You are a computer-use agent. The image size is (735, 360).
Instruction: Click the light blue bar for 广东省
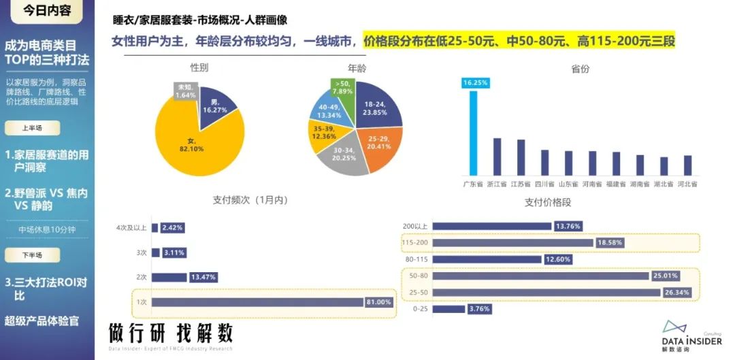click(x=474, y=132)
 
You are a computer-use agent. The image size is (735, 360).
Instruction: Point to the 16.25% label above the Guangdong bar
click(x=475, y=83)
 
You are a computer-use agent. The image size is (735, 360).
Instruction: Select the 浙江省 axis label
click(x=497, y=184)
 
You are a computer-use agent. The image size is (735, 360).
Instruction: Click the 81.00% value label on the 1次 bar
click(x=379, y=302)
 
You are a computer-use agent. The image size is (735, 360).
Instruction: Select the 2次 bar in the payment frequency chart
click(x=169, y=277)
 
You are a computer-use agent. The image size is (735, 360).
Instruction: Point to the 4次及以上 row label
click(x=131, y=227)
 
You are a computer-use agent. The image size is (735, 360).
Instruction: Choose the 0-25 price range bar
click(x=448, y=309)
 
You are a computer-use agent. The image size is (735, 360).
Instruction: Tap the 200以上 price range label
click(x=414, y=226)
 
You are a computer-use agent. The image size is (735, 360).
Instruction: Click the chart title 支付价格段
click(x=548, y=202)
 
